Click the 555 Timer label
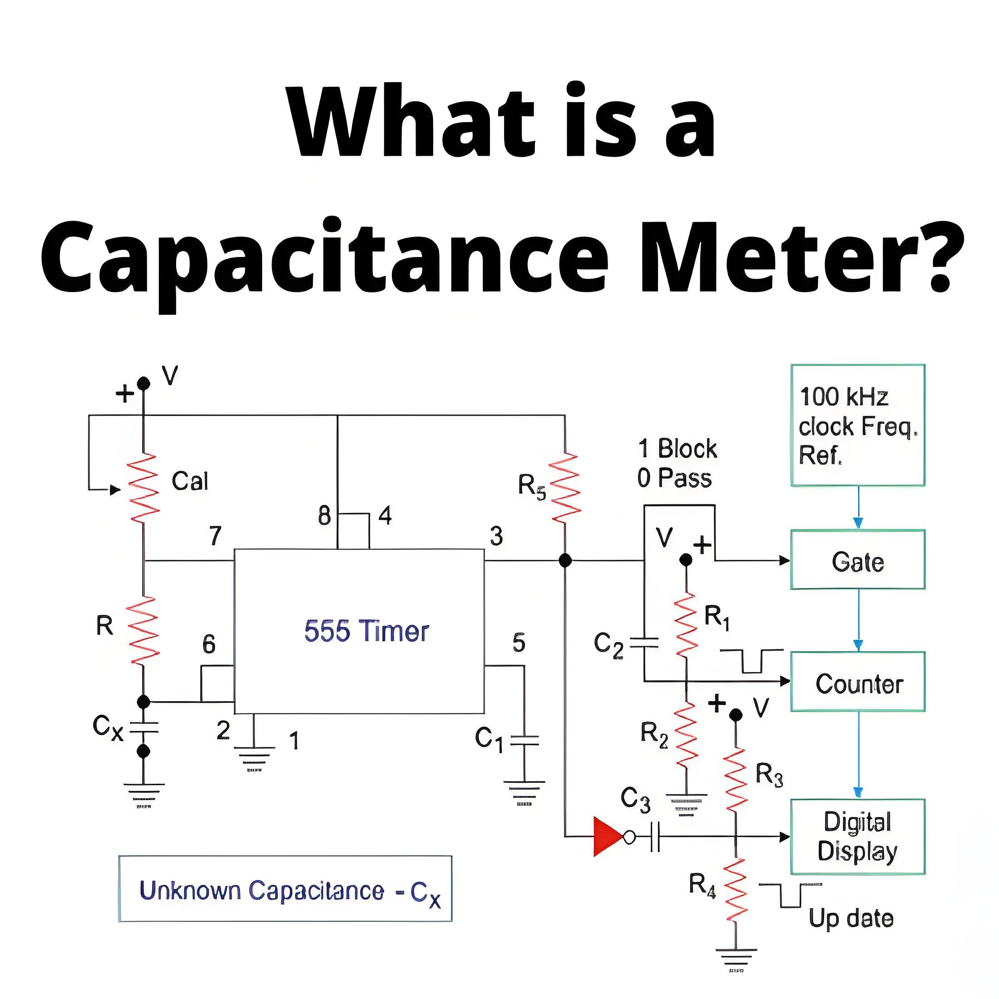[x=366, y=631]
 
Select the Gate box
[x=858, y=559]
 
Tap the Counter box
[x=858, y=682]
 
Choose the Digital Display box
[x=858, y=836]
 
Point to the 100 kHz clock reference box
[x=858, y=425]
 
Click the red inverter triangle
[x=608, y=836]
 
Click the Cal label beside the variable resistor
[x=190, y=481]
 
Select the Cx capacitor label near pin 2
[x=108, y=727]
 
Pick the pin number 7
[x=216, y=536]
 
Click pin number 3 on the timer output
[x=496, y=536]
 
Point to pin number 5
[x=519, y=643]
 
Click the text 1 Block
[x=678, y=448]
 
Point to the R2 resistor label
[x=654, y=734]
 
